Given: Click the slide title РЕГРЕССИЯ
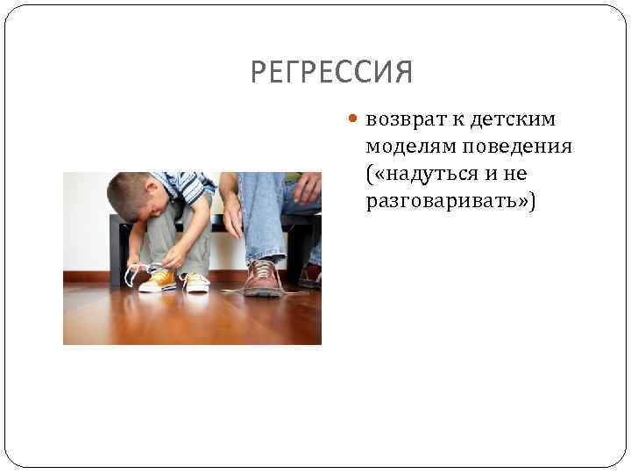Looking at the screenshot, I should pos(331,73).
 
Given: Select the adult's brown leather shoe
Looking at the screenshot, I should pos(263,278).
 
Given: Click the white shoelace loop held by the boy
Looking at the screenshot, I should pos(131,276).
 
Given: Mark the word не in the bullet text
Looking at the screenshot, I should pos(514,174).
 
